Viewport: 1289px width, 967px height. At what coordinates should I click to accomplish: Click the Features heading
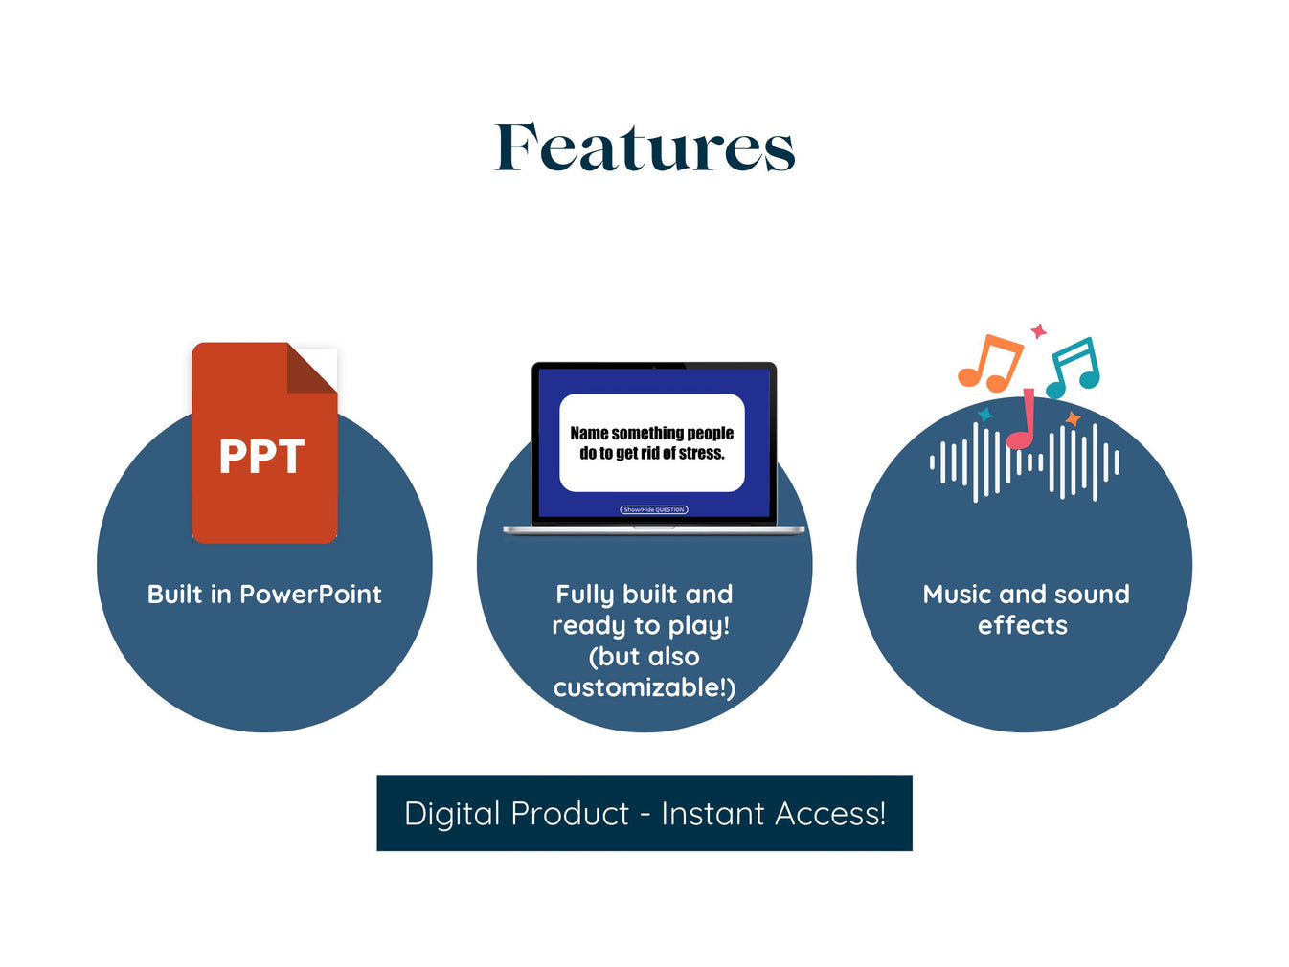click(644, 148)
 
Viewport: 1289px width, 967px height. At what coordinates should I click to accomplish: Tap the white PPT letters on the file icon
click(261, 457)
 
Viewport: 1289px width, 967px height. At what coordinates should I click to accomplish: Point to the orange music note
click(988, 363)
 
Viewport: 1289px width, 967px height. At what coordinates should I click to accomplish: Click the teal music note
click(1073, 367)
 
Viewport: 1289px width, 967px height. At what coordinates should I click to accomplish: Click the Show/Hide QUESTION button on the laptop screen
click(654, 510)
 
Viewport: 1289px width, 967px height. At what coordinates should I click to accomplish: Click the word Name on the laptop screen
click(589, 434)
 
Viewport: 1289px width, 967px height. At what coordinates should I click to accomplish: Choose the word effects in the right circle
click(1022, 625)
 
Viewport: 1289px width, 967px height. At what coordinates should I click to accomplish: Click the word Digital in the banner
click(452, 814)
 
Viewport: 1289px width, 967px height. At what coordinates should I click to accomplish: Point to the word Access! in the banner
click(830, 814)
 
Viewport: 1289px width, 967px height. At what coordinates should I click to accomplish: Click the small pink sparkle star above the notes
click(1038, 331)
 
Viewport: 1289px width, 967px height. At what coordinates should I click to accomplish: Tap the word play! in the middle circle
click(698, 626)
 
